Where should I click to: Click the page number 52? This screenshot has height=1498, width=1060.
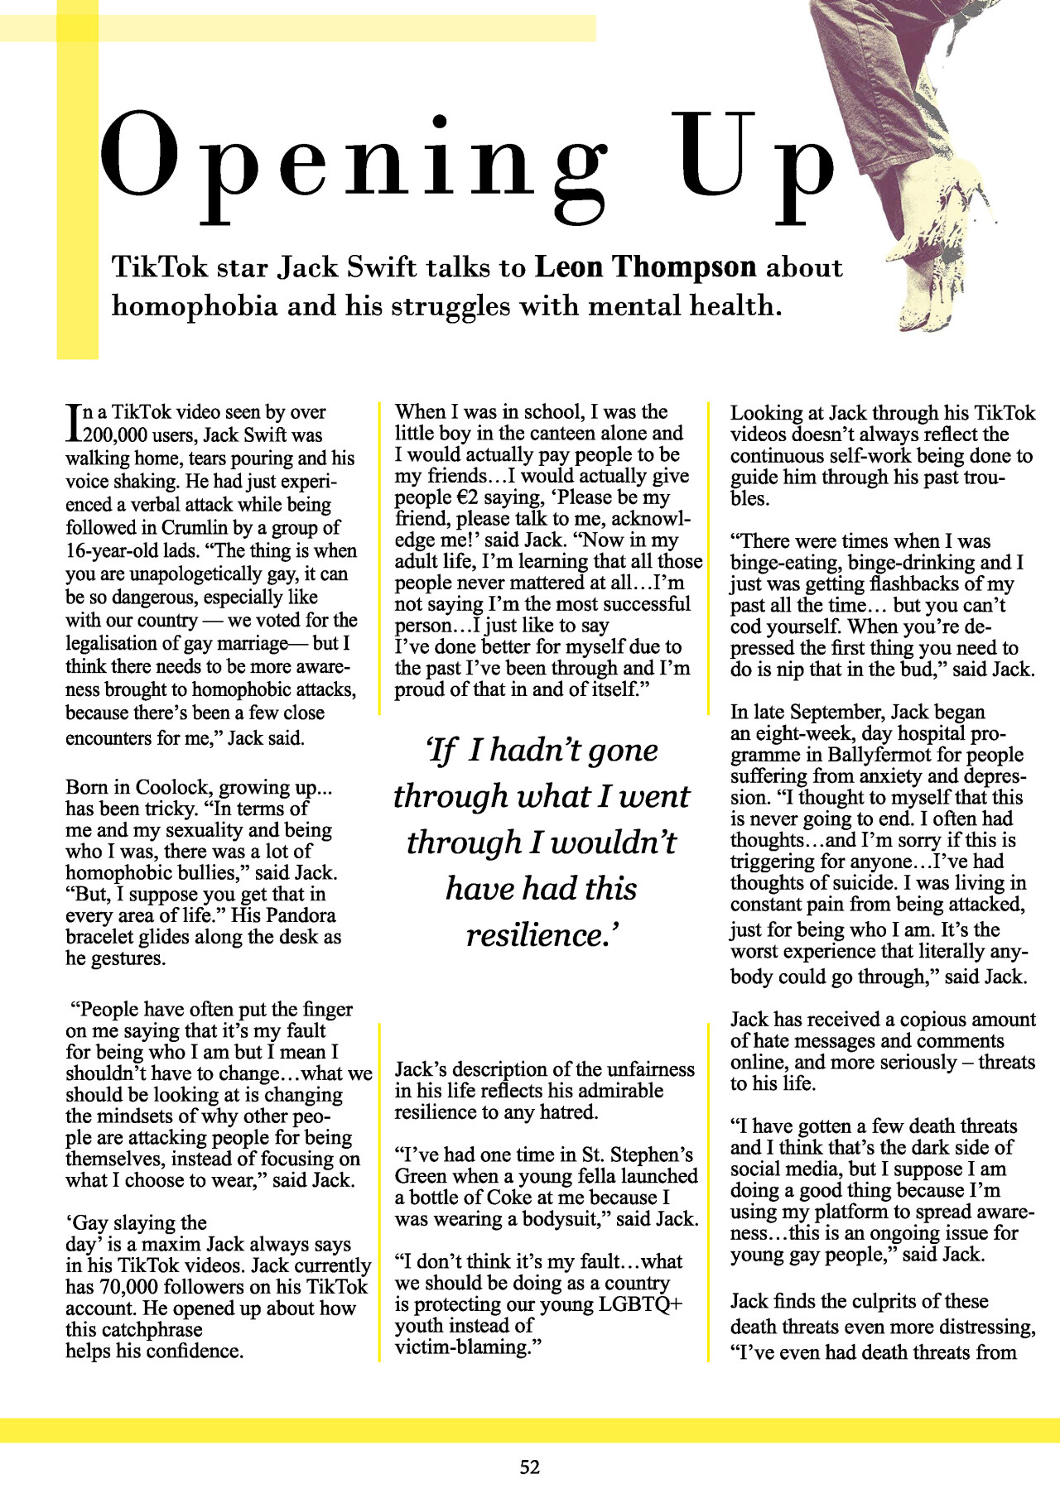(x=530, y=1467)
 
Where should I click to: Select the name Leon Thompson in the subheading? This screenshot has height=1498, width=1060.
(x=645, y=267)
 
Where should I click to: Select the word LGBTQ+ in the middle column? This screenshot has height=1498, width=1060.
(x=643, y=1304)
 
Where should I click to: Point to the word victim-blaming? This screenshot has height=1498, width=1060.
(x=461, y=1347)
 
